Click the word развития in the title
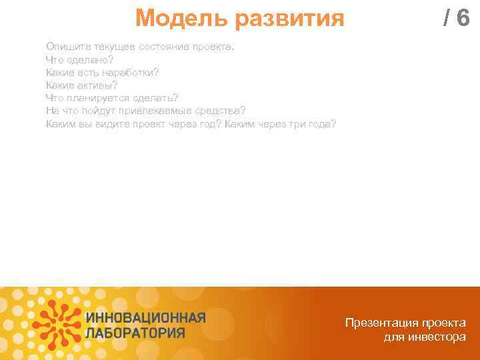point(289,19)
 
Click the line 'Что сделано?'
point(80,59)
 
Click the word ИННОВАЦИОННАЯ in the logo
point(145,317)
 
